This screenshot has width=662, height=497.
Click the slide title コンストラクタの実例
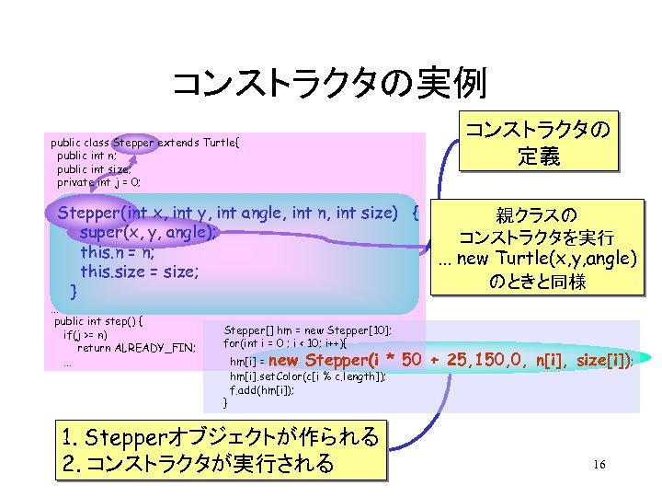(x=329, y=84)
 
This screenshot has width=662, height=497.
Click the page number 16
(x=599, y=465)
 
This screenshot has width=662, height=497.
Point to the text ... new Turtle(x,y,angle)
(x=538, y=258)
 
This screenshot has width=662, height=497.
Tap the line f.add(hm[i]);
(x=262, y=390)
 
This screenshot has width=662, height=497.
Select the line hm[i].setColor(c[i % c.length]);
(x=308, y=376)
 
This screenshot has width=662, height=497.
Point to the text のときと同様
(x=538, y=282)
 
